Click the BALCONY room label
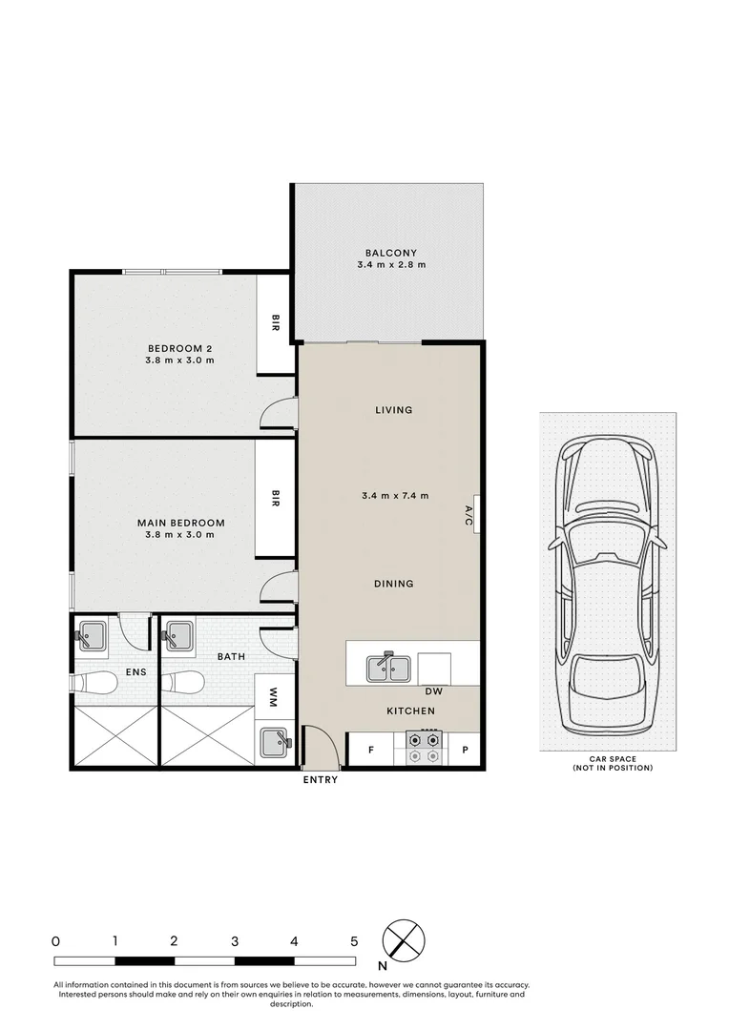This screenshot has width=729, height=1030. (x=388, y=253)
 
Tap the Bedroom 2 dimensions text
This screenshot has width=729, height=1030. (x=178, y=360)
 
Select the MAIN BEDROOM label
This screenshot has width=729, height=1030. (x=180, y=523)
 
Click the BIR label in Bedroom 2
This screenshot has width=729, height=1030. (x=276, y=325)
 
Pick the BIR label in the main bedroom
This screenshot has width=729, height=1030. (x=276, y=499)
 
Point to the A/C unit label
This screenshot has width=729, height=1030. (x=469, y=516)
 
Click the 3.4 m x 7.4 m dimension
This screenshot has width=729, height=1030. (x=395, y=496)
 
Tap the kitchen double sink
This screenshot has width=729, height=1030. (x=389, y=667)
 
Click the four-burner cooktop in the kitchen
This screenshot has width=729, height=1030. (x=425, y=749)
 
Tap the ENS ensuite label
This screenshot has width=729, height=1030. (x=135, y=672)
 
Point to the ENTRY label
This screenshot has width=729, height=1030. (x=320, y=780)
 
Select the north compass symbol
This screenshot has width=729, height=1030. (x=403, y=941)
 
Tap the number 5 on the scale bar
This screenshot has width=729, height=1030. (x=354, y=941)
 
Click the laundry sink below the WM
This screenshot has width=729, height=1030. (x=274, y=742)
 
